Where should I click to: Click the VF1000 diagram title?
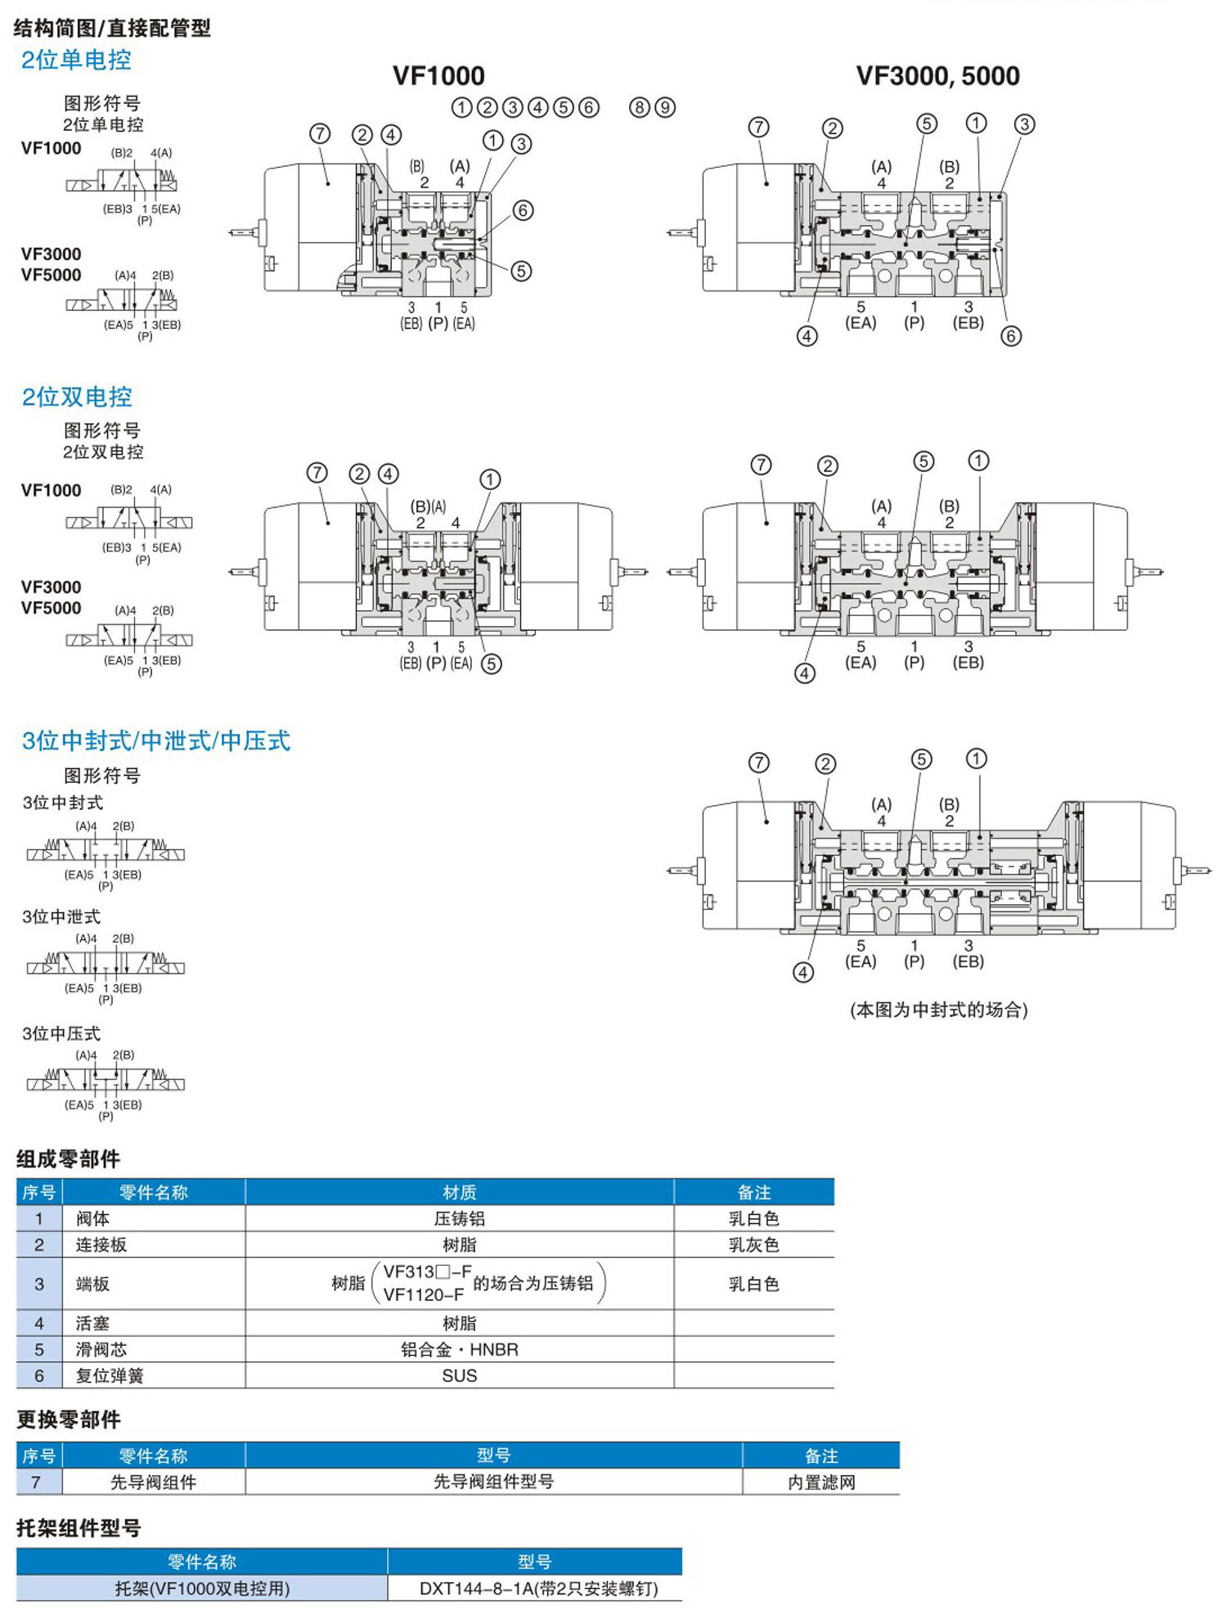click(x=438, y=76)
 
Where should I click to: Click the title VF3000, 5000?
click(x=937, y=76)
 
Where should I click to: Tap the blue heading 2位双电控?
click(x=76, y=397)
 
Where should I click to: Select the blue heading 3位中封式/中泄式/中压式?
click(x=155, y=740)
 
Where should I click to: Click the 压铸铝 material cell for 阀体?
click(x=459, y=1218)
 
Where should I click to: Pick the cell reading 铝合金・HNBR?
click(x=459, y=1349)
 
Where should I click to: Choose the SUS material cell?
click(x=459, y=1375)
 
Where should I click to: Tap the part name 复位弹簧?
click(x=110, y=1375)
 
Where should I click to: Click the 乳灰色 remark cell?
click(x=753, y=1245)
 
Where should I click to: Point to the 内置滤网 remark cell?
click(x=821, y=1482)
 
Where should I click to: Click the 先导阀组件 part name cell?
click(x=153, y=1482)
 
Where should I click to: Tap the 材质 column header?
click(x=459, y=1192)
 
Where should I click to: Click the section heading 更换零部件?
click(x=69, y=1420)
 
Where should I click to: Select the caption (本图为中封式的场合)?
click(x=938, y=1010)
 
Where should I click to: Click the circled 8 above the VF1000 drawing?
click(x=640, y=107)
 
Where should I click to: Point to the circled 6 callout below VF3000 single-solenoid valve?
click(x=1011, y=335)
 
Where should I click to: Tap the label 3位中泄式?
click(x=61, y=916)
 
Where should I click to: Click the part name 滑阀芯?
click(x=101, y=1349)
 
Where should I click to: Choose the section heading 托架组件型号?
click(x=79, y=1528)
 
